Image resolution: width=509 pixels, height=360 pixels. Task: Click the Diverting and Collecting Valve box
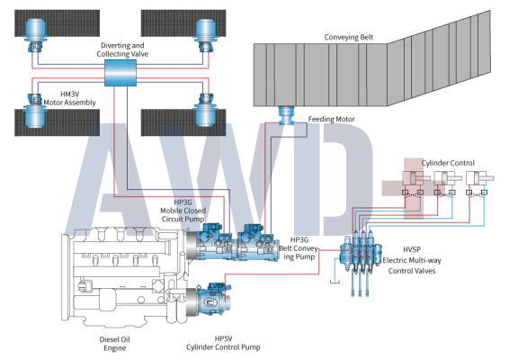click(x=121, y=73)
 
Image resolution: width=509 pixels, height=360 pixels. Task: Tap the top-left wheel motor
click(x=35, y=35)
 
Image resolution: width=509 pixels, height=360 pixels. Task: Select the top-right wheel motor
click(x=205, y=35)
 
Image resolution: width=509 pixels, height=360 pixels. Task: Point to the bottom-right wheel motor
click(x=205, y=110)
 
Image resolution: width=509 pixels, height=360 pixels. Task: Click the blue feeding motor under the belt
click(x=287, y=115)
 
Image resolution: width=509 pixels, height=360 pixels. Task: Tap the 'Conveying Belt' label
click(x=349, y=38)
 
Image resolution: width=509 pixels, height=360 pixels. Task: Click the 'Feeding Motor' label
click(x=332, y=119)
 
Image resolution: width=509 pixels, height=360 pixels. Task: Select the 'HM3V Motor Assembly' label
click(x=70, y=98)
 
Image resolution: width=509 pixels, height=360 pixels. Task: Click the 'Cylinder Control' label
click(x=448, y=163)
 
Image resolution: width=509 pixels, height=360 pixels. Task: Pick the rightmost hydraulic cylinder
click(x=480, y=178)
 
